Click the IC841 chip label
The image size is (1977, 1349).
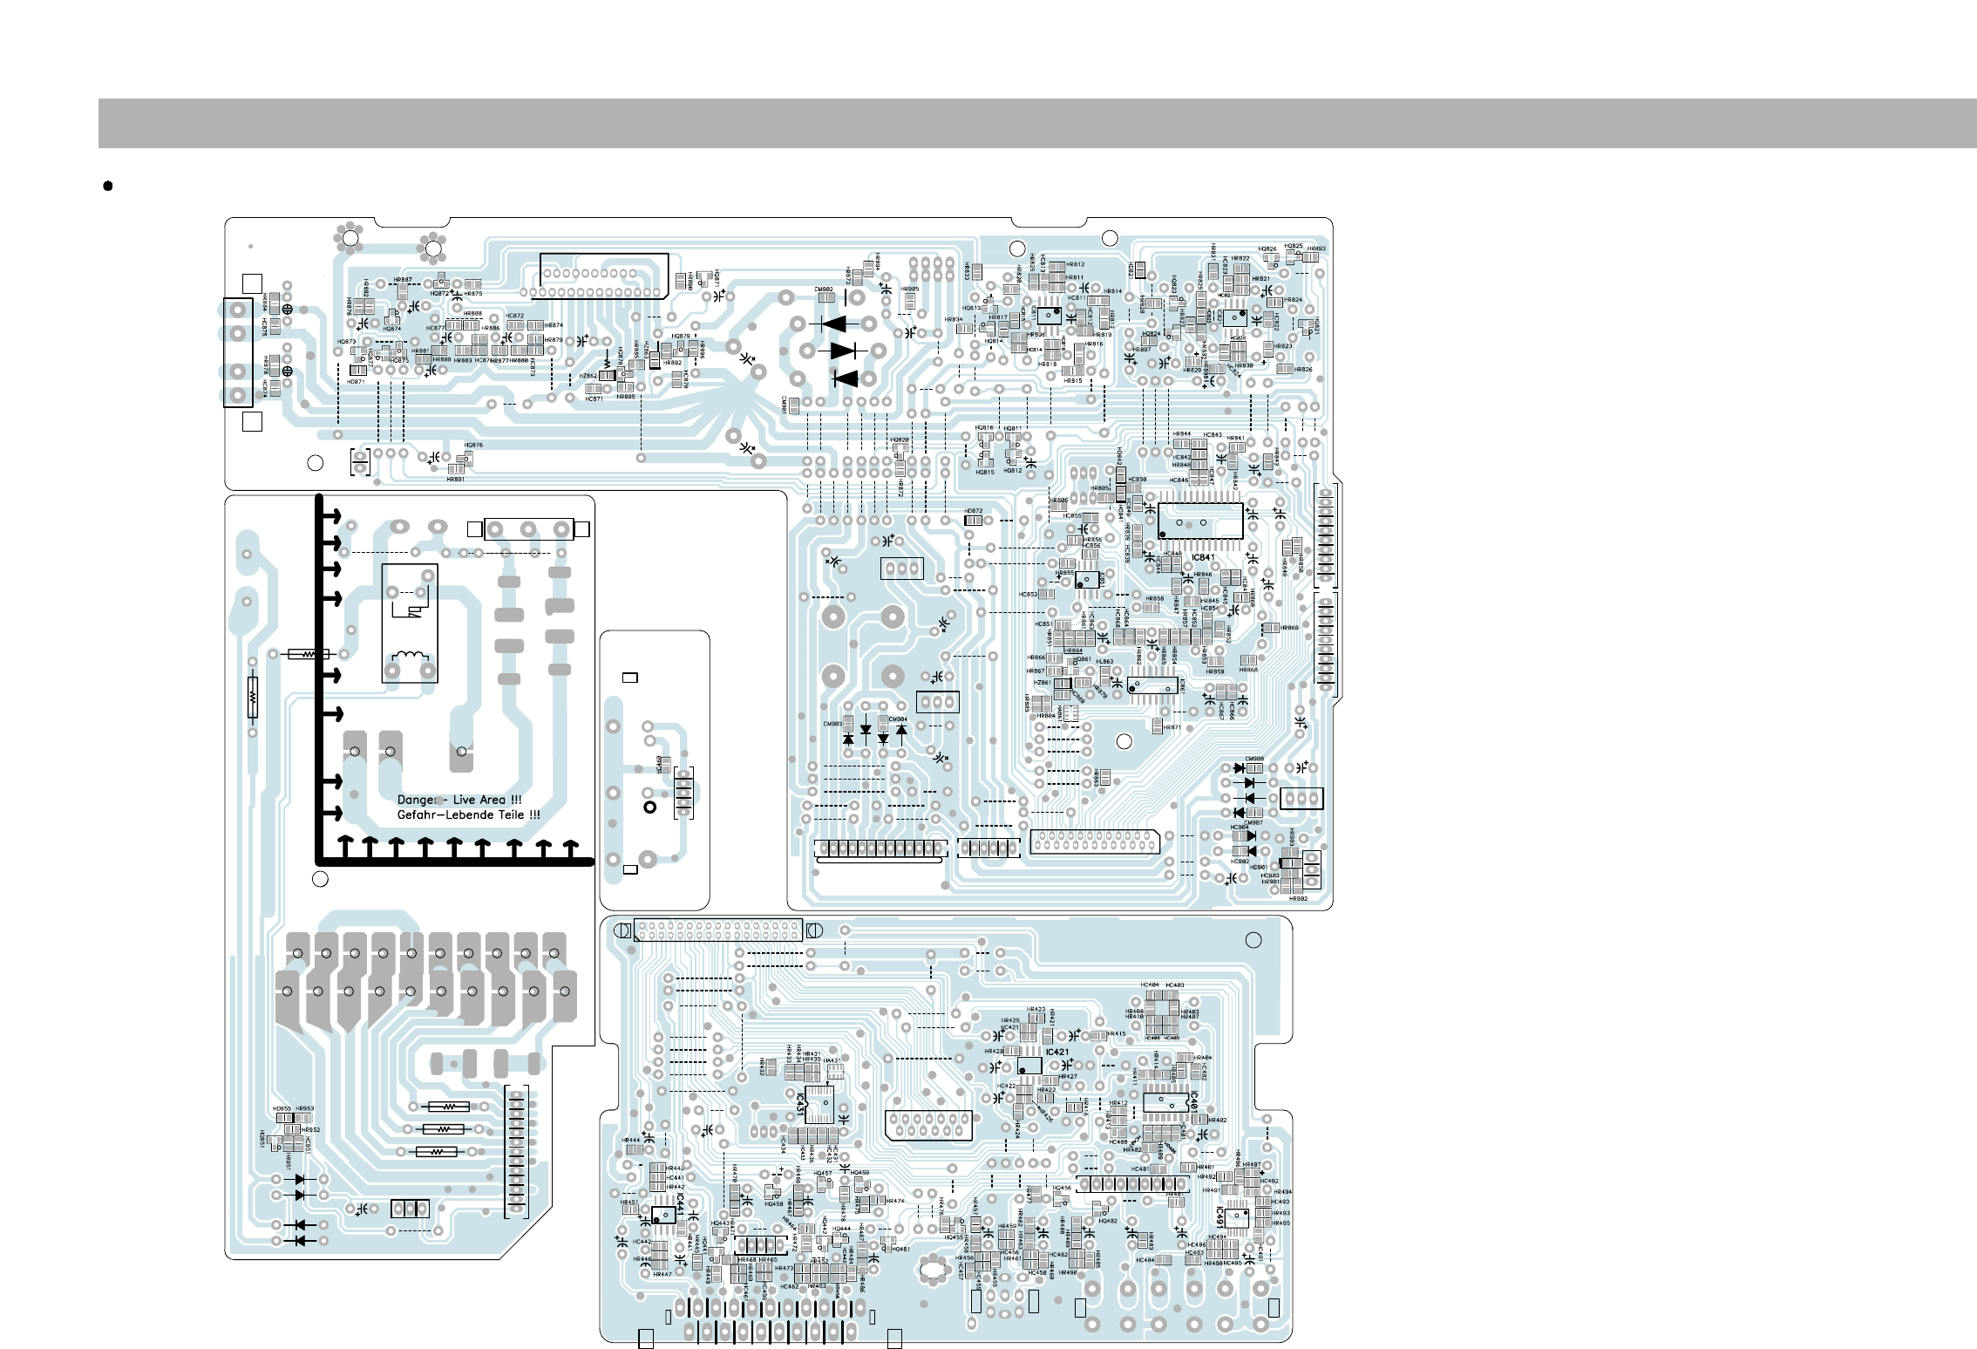[1203, 557]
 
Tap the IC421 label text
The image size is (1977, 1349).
[1057, 1053]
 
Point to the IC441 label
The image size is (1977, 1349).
[680, 1206]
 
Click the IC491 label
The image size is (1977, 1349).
[1219, 1216]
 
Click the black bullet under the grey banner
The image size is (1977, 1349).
[108, 186]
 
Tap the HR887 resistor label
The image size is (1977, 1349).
[403, 280]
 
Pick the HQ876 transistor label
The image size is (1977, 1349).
[473, 445]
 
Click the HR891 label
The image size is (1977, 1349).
[455, 479]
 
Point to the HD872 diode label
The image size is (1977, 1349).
[973, 511]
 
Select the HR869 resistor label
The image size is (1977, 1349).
[1290, 628]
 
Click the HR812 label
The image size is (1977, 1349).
[1076, 264]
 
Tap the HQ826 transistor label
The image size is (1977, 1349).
[1267, 249]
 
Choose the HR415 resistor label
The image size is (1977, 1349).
[1117, 1034]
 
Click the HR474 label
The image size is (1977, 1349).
[895, 1201]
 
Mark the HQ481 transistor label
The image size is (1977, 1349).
[900, 1249]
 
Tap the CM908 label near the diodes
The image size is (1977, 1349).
[1254, 759]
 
